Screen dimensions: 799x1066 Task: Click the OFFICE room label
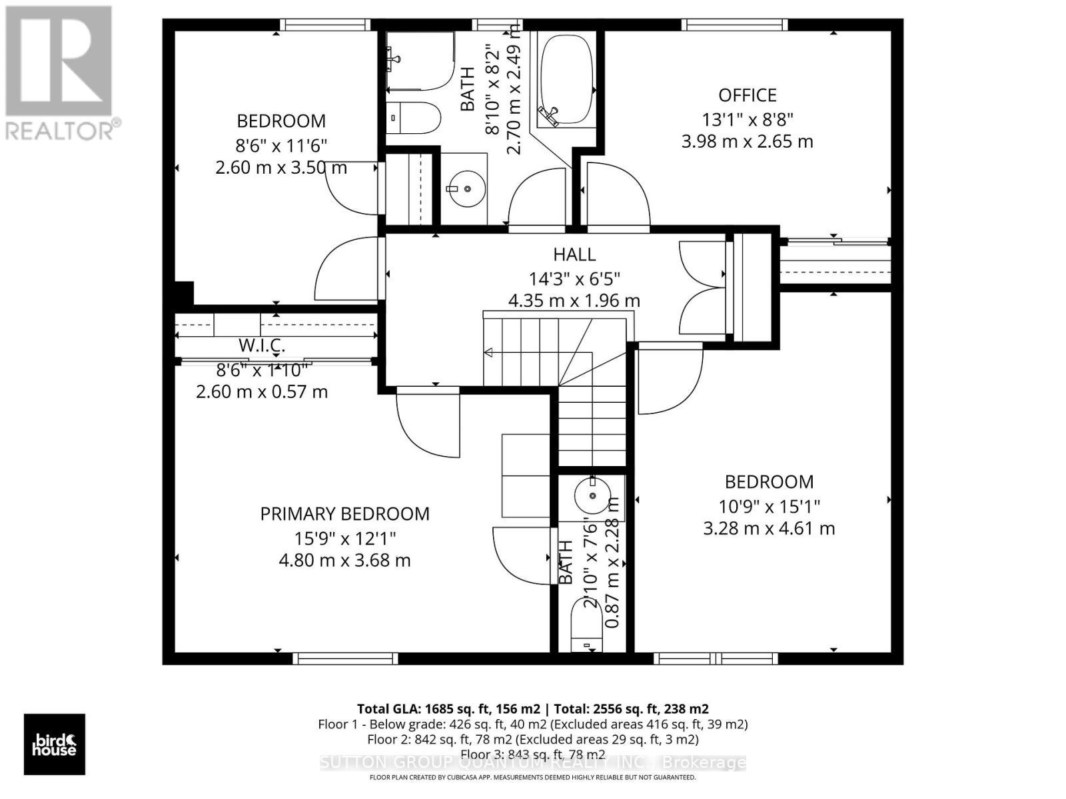pos(747,95)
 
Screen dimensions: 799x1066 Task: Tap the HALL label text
pos(574,254)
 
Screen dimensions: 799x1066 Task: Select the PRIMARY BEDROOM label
pos(344,513)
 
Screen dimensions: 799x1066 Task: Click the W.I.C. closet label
pos(262,346)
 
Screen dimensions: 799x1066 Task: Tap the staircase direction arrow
pos(488,352)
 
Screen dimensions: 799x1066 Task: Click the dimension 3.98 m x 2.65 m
pos(747,142)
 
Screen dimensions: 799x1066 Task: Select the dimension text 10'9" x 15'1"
pos(769,506)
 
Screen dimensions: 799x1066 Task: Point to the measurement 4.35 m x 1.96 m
pos(574,301)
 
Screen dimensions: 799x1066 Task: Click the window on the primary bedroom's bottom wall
pos(345,659)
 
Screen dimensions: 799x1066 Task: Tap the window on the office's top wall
pos(734,25)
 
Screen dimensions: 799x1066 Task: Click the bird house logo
pos(55,744)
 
